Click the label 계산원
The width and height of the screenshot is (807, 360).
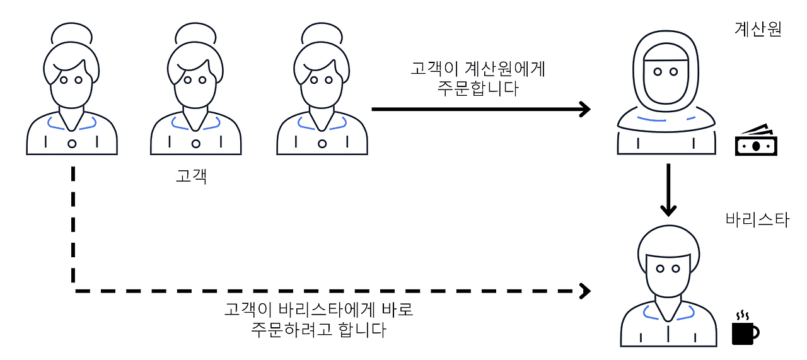pyautogui.click(x=758, y=30)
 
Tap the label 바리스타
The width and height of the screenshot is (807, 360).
pyautogui.click(x=757, y=221)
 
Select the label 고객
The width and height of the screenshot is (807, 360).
pyautogui.click(x=192, y=177)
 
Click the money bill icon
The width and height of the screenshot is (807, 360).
pyautogui.click(x=756, y=141)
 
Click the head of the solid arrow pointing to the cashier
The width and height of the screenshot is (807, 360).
pyautogui.click(x=584, y=109)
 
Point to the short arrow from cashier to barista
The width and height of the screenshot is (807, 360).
pyautogui.click(x=668, y=189)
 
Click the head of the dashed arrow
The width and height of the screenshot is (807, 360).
pyautogui.click(x=585, y=291)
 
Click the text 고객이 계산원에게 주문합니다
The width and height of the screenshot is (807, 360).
pyautogui.click(x=477, y=78)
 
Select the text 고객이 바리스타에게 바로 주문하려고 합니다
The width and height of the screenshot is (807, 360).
pyautogui.click(x=318, y=320)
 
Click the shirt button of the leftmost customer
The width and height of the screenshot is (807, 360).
pyautogui.click(x=72, y=144)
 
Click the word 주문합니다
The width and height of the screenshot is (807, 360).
pyautogui.click(x=477, y=89)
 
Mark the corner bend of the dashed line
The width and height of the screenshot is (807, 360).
pyautogui.click(x=74, y=291)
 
